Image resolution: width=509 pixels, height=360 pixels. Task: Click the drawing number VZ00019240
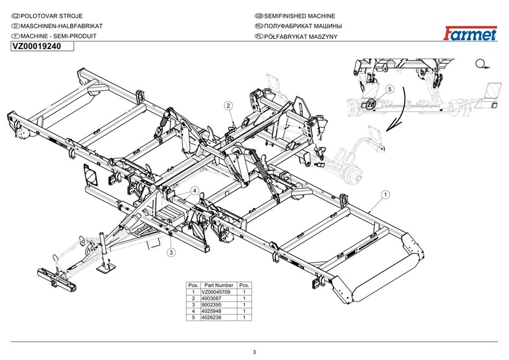tap(37, 47)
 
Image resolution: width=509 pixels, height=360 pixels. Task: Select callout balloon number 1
tap(386, 193)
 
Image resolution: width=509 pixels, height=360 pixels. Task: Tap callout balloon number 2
tap(228, 105)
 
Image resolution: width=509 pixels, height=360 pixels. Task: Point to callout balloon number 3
tap(171, 253)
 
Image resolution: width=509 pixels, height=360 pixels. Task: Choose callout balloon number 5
tap(389, 90)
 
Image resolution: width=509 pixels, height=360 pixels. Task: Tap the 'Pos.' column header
tap(192, 286)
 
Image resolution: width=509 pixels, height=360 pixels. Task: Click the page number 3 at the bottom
tap(254, 352)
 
